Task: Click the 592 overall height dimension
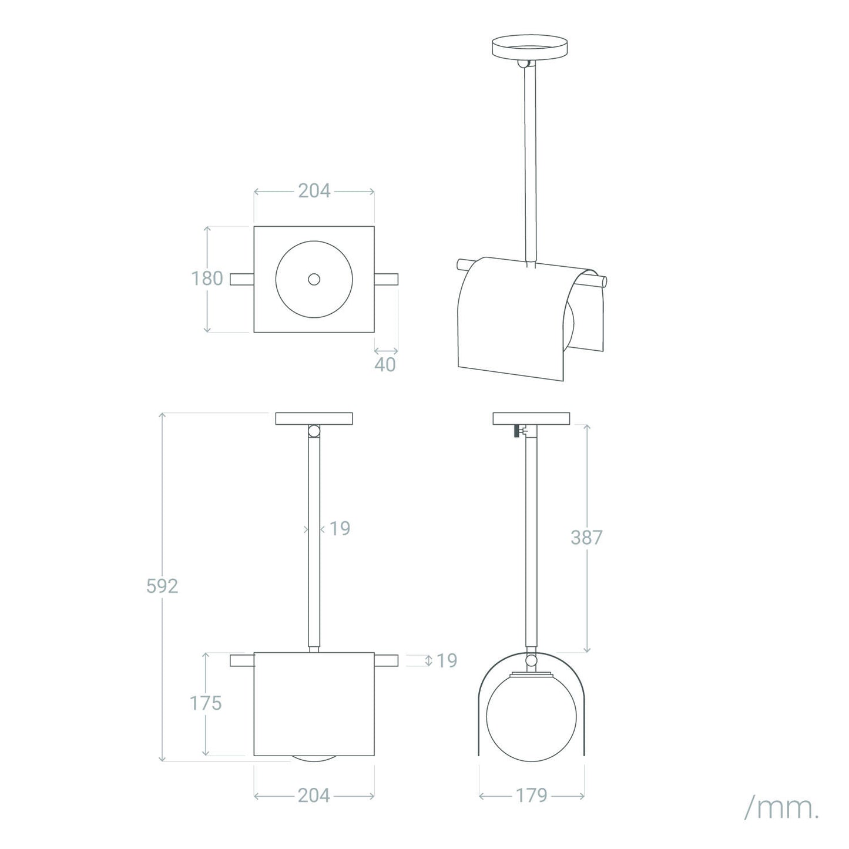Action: (162, 586)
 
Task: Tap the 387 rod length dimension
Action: (586, 538)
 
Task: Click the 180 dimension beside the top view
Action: (207, 278)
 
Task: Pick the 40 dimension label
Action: (385, 364)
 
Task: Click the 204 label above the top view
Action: (314, 191)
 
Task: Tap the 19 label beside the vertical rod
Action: (340, 528)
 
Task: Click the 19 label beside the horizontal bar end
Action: (447, 660)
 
